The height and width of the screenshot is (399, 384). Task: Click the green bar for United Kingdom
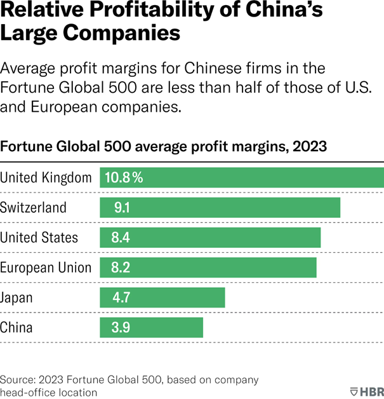tap(241, 178)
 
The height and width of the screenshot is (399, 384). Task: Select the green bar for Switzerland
tap(220, 208)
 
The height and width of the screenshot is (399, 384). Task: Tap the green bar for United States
tap(210, 238)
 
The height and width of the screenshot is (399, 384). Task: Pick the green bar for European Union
tap(208, 267)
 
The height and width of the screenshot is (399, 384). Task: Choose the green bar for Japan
tap(162, 297)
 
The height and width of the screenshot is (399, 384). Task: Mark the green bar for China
tap(151, 327)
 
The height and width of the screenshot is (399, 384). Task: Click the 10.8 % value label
tap(124, 178)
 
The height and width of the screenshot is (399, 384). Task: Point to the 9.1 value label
tap(123, 208)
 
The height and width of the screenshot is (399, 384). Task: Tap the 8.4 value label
tap(121, 238)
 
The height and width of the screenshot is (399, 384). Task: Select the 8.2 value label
tap(121, 267)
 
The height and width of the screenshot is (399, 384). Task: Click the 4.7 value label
tap(121, 297)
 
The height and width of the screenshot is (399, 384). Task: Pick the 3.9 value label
tap(121, 327)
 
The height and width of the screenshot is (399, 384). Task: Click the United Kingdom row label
tap(46, 178)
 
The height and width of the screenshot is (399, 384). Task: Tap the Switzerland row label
tap(33, 208)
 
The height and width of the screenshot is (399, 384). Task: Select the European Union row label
tap(46, 267)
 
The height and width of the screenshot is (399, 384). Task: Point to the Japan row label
tap(17, 297)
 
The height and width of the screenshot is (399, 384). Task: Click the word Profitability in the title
tap(133, 11)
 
